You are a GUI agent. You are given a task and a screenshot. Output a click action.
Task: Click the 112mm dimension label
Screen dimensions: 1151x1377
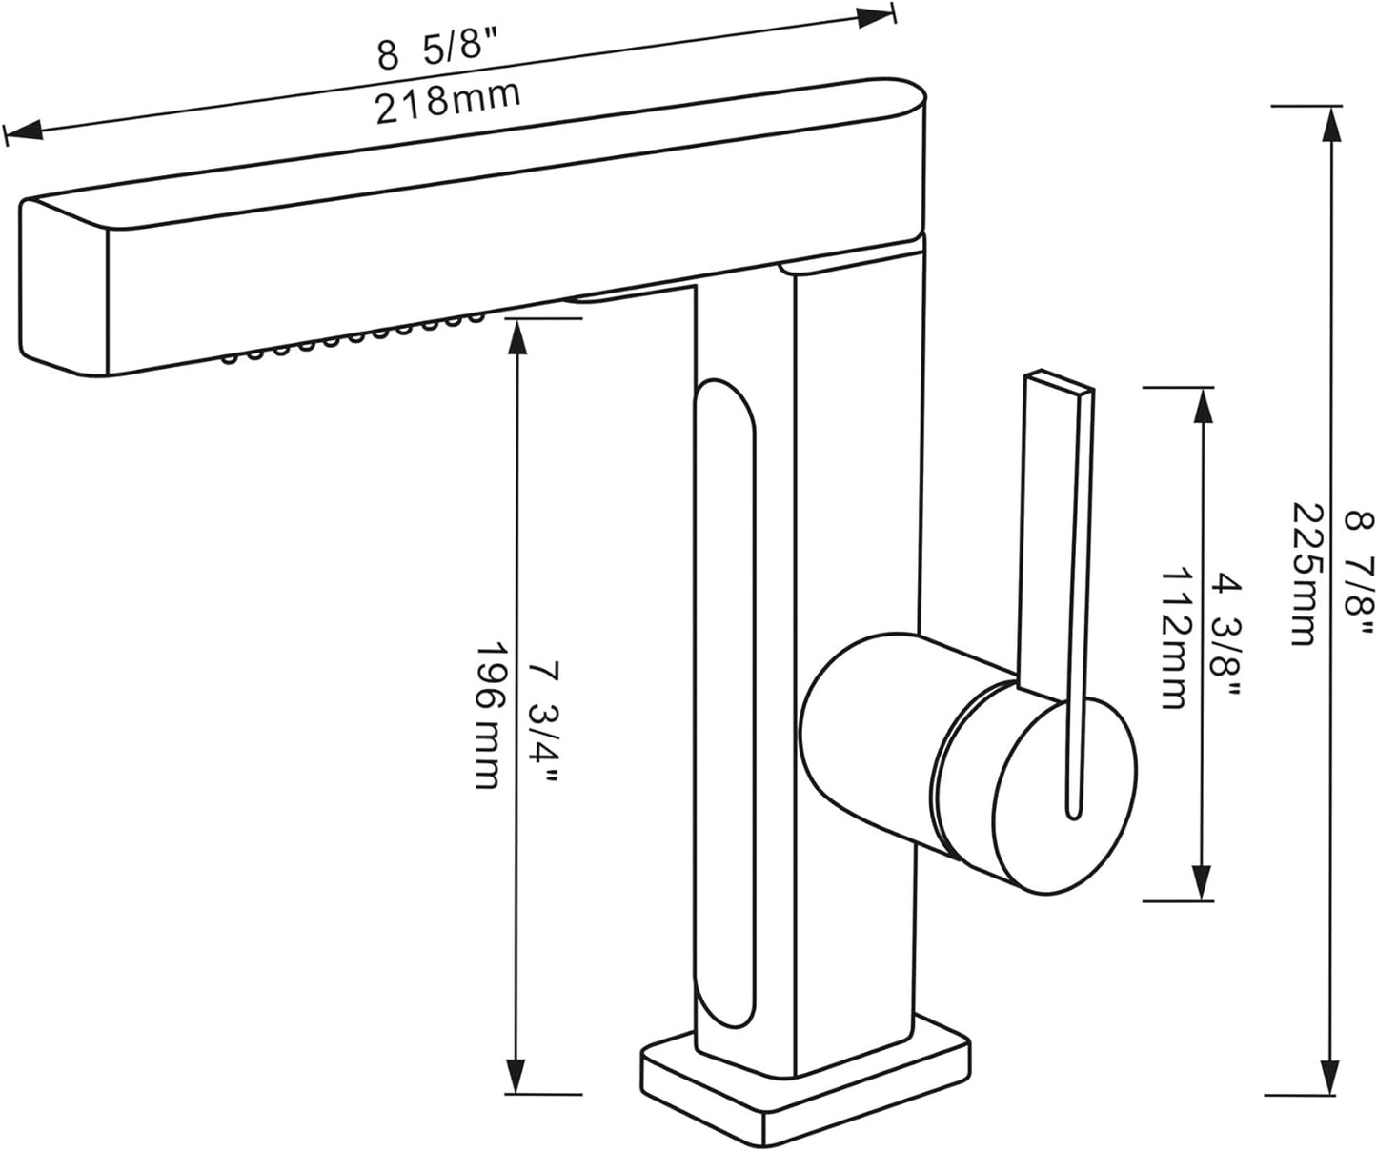[1172, 638]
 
